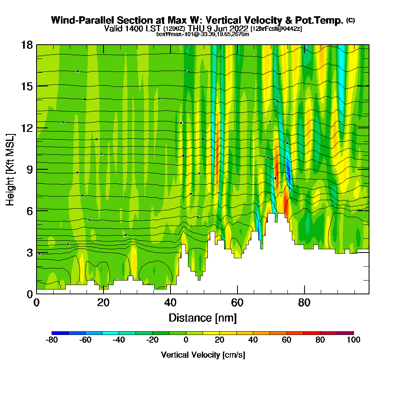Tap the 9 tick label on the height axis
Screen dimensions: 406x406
point(29,169)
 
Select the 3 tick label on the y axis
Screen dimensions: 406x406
point(29,252)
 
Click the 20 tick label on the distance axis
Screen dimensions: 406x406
point(104,302)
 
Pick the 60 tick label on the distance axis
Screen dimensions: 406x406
point(237,302)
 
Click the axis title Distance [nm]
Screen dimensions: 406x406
point(203,317)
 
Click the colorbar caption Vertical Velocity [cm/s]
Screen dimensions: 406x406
point(203,355)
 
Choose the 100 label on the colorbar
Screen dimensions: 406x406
point(354,340)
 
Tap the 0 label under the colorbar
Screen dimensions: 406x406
point(186,340)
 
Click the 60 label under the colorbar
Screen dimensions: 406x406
point(287,340)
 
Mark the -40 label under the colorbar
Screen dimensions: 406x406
point(119,340)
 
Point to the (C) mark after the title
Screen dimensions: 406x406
point(351,20)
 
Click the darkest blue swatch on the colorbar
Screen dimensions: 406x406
point(60,333)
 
